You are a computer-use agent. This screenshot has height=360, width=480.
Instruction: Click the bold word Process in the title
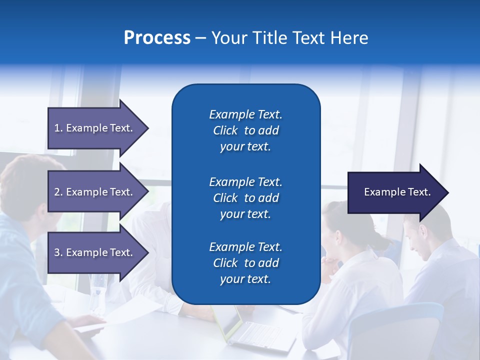[x=157, y=38]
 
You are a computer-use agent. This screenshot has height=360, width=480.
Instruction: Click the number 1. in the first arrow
[x=58, y=128]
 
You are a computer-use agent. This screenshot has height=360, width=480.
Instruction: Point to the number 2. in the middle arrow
[x=58, y=192]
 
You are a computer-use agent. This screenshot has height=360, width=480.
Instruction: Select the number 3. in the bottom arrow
[x=58, y=252]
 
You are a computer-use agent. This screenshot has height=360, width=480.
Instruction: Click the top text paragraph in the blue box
[x=245, y=130]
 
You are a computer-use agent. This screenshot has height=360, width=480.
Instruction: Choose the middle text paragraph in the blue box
[x=245, y=198]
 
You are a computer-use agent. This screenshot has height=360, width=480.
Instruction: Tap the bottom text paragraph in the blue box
[x=245, y=263]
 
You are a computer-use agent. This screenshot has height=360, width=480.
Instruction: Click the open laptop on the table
[x=250, y=330]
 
